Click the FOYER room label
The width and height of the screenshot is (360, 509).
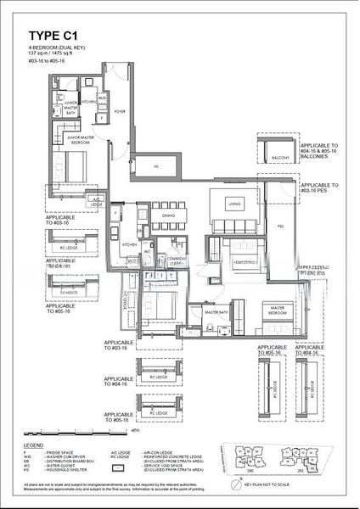click(x=119, y=110)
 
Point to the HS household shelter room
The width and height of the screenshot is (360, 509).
click(x=156, y=166)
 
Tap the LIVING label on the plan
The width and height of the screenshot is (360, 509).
click(x=234, y=204)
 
